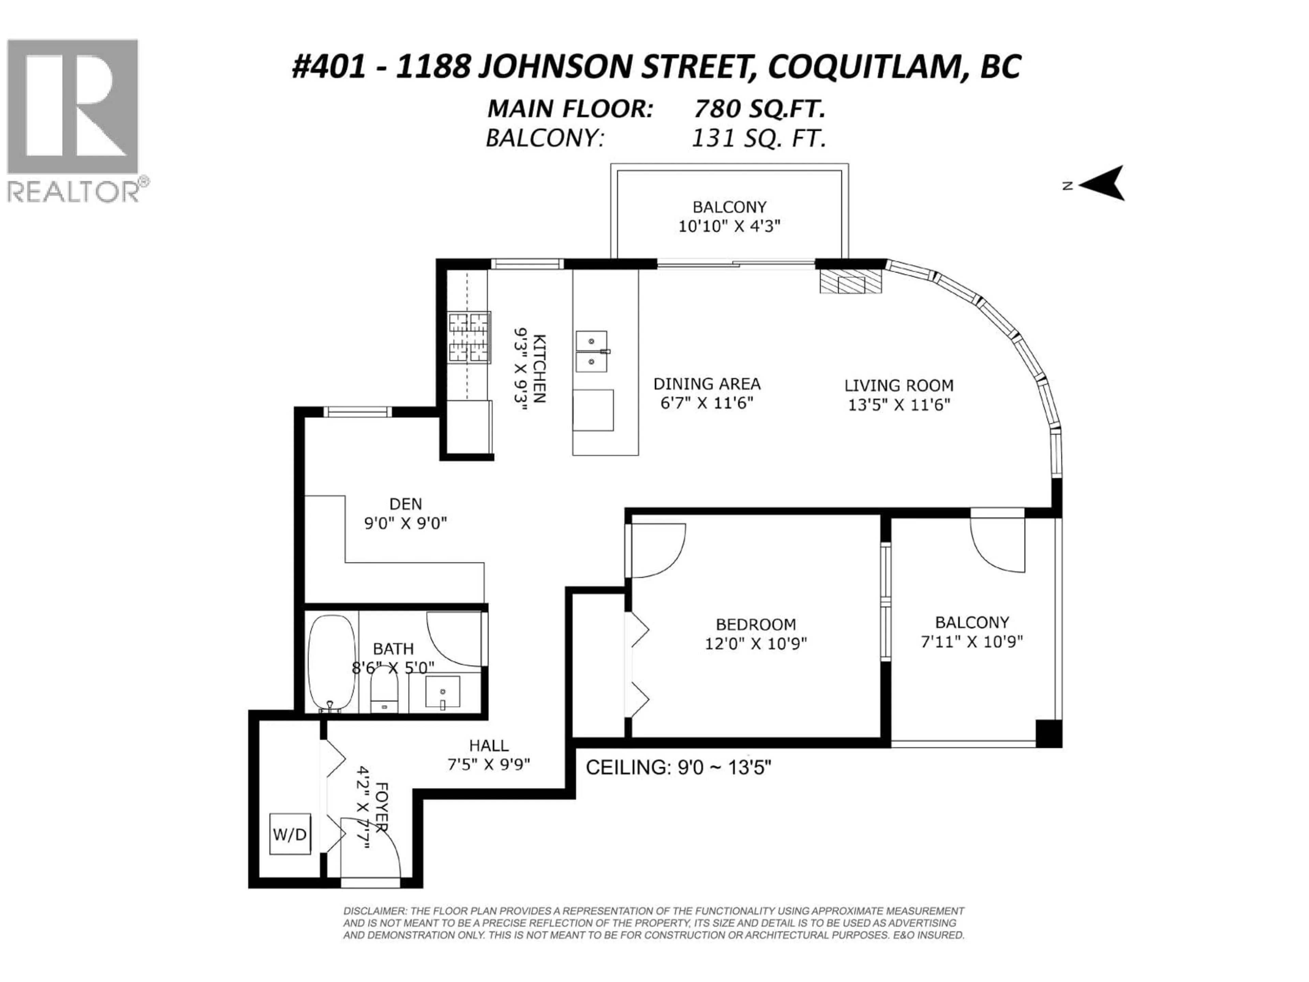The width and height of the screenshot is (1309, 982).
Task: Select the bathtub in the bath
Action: click(331, 663)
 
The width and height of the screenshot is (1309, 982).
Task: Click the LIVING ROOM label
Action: click(898, 385)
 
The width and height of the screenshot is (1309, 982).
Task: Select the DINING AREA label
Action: click(707, 384)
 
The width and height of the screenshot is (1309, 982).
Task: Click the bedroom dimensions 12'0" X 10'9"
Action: click(756, 643)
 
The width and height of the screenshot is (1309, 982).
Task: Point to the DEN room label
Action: click(405, 504)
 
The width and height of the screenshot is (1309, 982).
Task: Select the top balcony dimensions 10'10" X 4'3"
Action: click(729, 226)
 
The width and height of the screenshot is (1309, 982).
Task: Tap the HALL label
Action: click(489, 745)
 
